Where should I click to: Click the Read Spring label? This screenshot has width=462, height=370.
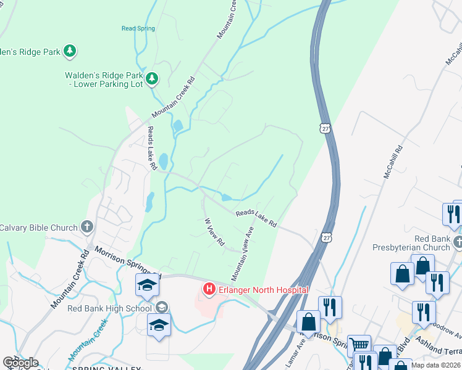pyautogui.click(x=138, y=28)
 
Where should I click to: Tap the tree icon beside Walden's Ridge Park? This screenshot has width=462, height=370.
pyautogui.click(x=71, y=51)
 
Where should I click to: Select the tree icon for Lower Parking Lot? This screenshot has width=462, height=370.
pyautogui.click(x=152, y=79)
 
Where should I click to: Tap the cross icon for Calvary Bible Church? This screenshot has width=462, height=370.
pyautogui.click(x=86, y=227)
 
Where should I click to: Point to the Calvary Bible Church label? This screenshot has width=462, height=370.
pyautogui.click(x=38, y=227)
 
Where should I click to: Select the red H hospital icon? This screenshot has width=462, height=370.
pyautogui.click(x=209, y=289)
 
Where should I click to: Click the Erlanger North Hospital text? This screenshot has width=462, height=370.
pyautogui.click(x=262, y=289)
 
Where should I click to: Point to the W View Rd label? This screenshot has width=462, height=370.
pyautogui.click(x=214, y=232)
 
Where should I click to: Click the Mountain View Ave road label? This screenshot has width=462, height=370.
pyautogui.click(x=243, y=253)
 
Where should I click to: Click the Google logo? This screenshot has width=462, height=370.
pyautogui.click(x=20, y=363)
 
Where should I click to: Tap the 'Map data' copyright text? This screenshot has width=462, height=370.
pyautogui.click(x=438, y=364)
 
